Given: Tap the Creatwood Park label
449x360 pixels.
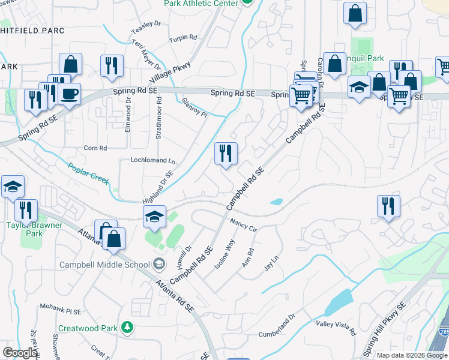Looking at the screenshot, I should [x=88, y=328].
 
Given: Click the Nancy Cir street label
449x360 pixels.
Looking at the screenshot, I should [x=244, y=225].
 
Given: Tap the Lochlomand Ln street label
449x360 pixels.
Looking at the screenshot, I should [x=153, y=161].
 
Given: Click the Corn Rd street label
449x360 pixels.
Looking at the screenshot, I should [x=95, y=148].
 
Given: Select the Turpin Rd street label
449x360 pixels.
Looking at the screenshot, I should [x=183, y=38].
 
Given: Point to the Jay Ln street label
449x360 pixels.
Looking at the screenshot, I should [x=271, y=264].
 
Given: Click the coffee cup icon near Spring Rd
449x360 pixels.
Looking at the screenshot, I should [x=70, y=95].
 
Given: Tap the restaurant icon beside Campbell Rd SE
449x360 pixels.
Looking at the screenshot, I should [x=226, y=154].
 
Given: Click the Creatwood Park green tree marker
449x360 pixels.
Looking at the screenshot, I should [x=127, y=328].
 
